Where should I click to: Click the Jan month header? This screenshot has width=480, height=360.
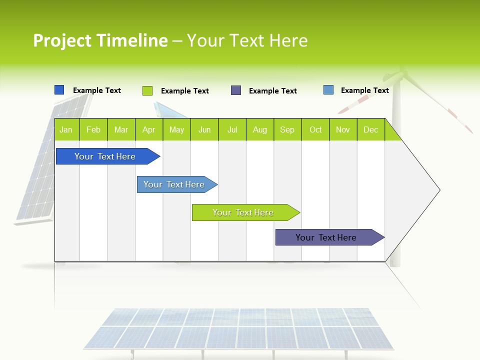click(66, 130)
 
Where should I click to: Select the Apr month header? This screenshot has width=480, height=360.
click(148, 130)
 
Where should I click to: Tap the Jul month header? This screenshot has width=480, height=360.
click(232, 130)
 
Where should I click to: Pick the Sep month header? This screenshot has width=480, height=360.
click(287, 130)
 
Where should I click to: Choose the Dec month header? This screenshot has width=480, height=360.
click(370, 130)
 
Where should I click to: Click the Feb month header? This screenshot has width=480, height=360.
click(93, 130)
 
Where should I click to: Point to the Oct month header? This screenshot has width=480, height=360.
click(315, 130)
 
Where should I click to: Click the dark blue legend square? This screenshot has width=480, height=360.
click(59, 90)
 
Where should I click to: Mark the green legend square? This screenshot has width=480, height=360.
click(147, 90)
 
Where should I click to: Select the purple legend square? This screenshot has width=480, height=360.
click(236, 90)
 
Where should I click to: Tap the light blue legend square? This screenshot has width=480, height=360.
click(328, 90)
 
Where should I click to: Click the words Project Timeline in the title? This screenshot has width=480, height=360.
click(100, 40)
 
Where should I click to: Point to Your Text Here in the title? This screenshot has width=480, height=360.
click(247, 40)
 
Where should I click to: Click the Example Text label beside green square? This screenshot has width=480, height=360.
click(185, 91)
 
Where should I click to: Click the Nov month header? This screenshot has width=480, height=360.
click(343, 130)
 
